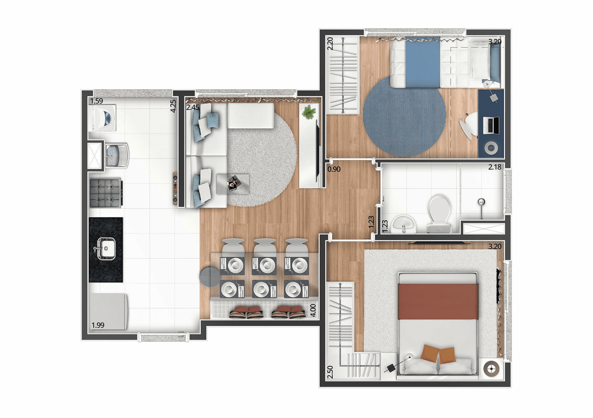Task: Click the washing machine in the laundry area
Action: (103, 117)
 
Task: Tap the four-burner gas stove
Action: (105, 193)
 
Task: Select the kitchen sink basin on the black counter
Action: (106, 248)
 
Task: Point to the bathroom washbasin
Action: (404, 224)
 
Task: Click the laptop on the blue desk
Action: (491, 125)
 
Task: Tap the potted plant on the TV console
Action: (308, 112)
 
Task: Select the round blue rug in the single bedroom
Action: (404, 116)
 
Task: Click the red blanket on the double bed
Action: (438, 302)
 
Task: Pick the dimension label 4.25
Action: (173, 106)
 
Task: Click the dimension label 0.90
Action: (334, 169)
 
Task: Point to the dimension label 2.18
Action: (495, 167)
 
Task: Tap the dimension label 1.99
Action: (98, 325)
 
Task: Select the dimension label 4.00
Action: (313, 310)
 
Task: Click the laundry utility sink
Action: (117, 155)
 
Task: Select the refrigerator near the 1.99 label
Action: (108, 311)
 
